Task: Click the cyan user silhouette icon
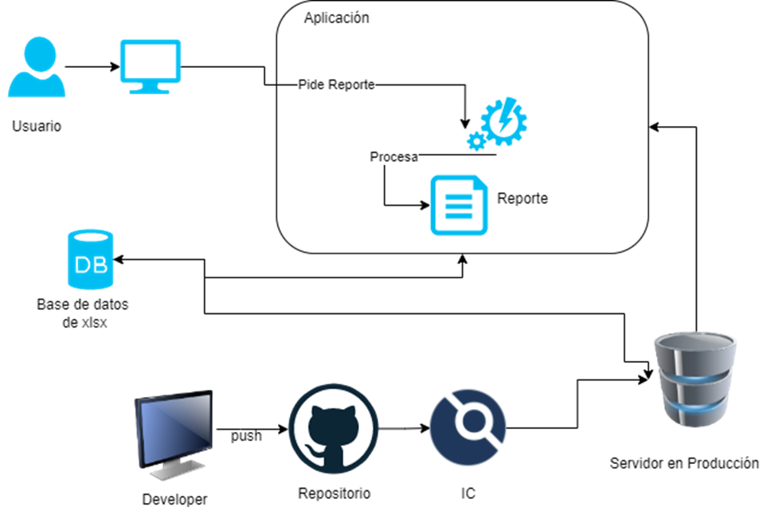37,69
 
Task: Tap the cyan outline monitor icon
150,63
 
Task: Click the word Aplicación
336,18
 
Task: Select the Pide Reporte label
335,85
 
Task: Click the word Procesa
393,157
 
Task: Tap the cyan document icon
459,205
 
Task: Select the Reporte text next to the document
523,199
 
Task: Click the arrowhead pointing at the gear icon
464,123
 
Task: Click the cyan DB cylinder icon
90,259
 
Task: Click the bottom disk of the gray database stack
695,413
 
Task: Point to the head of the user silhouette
39,53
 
